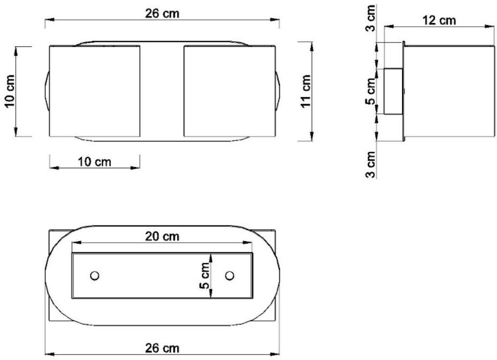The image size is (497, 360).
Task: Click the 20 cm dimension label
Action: (162, 236)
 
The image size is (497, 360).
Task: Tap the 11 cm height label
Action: (306, 92)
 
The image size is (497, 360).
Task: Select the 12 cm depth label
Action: (439, 20)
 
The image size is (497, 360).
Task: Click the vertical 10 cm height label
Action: (10, 92)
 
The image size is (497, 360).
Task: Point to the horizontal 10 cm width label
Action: (94, 162)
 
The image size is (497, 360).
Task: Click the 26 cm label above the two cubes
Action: (162, 13)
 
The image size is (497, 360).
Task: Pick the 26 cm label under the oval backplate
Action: (162, 348)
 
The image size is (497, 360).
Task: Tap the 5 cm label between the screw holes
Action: (205, 276)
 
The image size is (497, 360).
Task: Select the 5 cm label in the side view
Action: (370, 92)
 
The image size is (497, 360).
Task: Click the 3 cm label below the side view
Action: (370, 164)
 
